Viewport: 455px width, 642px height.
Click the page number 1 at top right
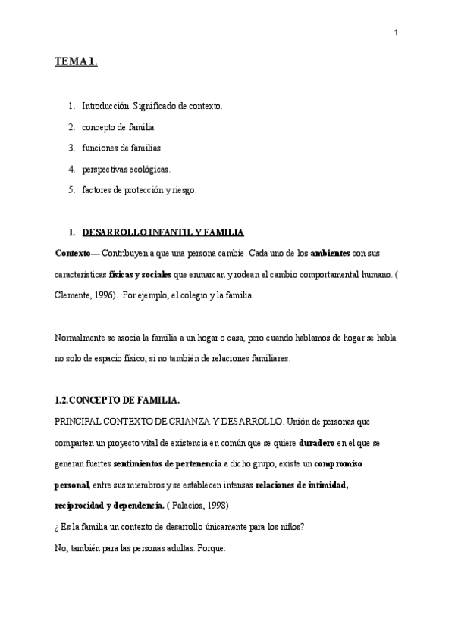(397, 32)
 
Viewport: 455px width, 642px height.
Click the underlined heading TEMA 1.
(76, 64)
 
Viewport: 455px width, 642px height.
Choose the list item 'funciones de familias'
(121, 148)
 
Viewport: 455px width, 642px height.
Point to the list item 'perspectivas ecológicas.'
(127, 169)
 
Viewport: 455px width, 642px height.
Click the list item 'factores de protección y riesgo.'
(139, 189)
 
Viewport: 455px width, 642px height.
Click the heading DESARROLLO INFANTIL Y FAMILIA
(163, 231)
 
